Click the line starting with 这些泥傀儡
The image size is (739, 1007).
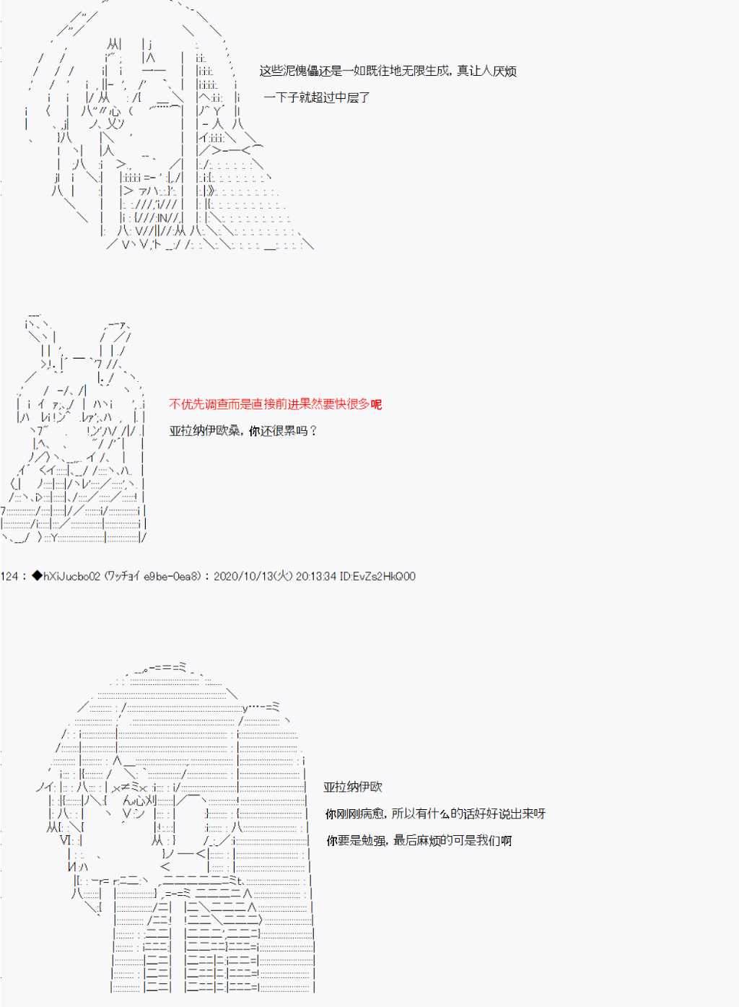pos(388,71)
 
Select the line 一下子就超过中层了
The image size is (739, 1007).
pos(317,97)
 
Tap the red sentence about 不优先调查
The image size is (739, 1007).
pos(276,404)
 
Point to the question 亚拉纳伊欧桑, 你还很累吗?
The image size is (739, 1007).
pos(243,431)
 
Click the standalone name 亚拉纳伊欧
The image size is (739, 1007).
pos(353,787)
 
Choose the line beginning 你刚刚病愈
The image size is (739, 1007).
pos(435,814)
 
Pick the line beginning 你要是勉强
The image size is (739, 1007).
pos(419,840)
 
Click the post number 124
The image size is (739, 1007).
pos(9,576)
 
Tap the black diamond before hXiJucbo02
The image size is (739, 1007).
pos(37,576)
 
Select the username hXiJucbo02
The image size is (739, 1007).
pos(71,576)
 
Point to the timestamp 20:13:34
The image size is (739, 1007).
pos(316,576)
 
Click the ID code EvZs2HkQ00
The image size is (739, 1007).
pos(384,576)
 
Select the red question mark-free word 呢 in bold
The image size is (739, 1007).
pos(376,404)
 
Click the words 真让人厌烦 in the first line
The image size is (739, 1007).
pos(487,71)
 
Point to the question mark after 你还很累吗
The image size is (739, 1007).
pos(313,431)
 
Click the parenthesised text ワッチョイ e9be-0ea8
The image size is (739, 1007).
pos(152,576)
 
